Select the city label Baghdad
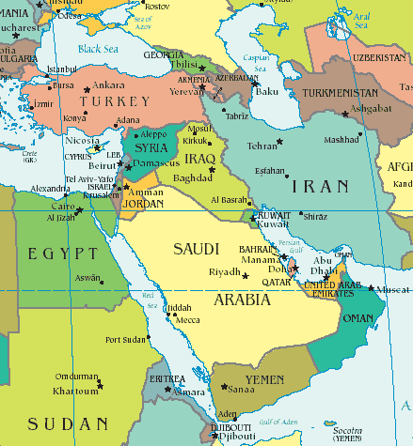pyautogui.click(x=193, y=177)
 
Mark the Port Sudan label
pyautogui.click(x=125, y=340)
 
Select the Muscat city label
pyautogui.click(x=393, y=291)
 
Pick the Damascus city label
pyautogui.click(x=158, y=163)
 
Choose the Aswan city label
pyautogui.click(x=87, y=279)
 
